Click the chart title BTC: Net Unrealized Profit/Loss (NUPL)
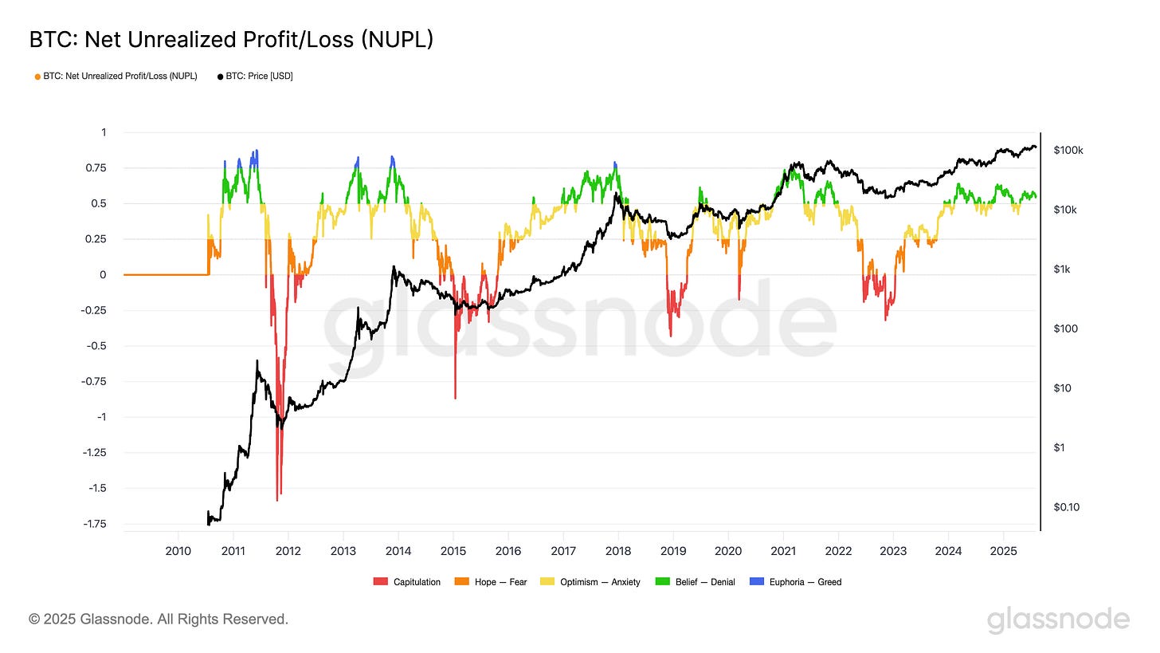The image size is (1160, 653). (231, 39)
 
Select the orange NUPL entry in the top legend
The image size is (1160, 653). (116, 77)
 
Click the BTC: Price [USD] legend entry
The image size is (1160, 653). (255, 77)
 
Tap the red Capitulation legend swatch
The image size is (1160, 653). (380, 582)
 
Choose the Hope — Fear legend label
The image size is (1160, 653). (500, 582)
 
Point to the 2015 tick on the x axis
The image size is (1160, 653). (453, 551)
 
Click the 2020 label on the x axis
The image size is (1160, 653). (727, 551)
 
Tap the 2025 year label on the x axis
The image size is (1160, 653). (1002, 551)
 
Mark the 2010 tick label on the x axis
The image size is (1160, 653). (178, 551)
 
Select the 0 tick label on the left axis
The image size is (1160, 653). (103, 275)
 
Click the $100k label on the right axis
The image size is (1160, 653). (1068, 150)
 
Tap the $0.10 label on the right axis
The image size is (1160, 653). (1067, 507)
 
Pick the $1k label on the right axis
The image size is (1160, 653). (1063, 269)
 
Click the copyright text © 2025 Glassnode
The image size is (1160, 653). (159, 619)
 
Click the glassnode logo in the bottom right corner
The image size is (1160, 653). (1058, 620)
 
